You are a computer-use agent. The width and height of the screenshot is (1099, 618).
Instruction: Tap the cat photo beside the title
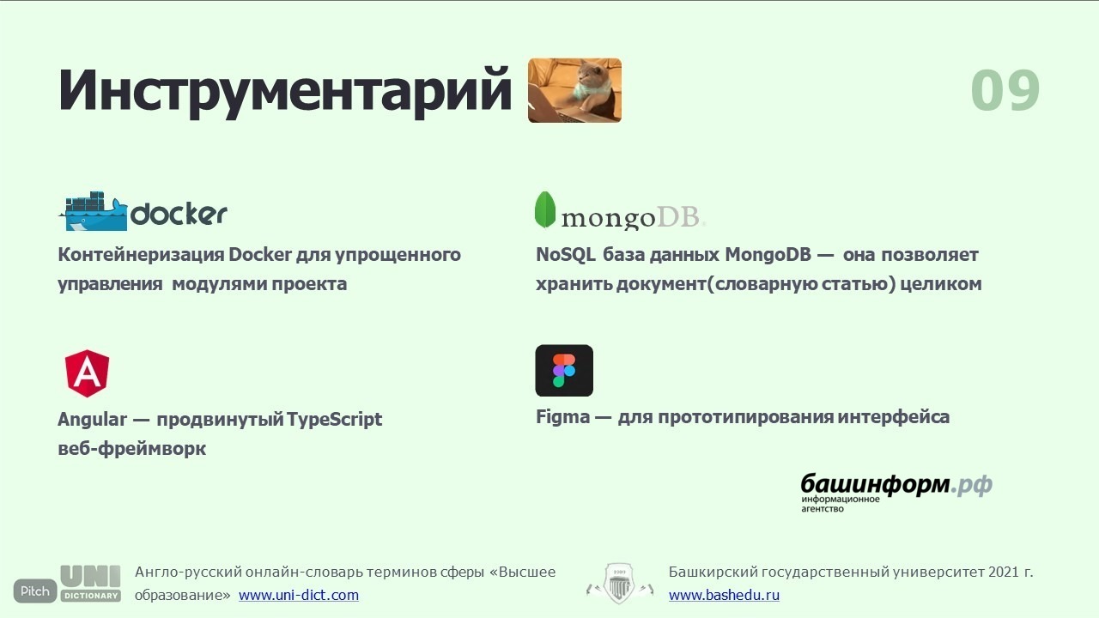[574, 90]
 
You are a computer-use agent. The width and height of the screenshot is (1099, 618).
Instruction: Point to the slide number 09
[1005, 90]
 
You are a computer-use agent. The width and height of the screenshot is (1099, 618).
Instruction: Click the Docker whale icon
[94, 211]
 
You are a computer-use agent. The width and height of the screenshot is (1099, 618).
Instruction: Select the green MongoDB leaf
[544, 210]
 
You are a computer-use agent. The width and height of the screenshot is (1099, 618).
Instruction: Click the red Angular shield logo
[87, 373]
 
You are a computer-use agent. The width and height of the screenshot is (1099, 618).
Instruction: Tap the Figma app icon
[564, 370]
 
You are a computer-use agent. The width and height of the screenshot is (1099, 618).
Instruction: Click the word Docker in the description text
[260, 255]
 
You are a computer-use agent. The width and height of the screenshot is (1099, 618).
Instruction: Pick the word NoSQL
[566, 255]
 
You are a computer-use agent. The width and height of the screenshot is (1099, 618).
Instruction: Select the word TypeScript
[334, 420]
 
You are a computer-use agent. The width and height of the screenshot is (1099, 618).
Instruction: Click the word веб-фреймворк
[132, 448]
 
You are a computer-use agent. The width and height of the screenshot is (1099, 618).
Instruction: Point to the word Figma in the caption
[562, 417]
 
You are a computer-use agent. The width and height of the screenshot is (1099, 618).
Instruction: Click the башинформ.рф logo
[896, 493]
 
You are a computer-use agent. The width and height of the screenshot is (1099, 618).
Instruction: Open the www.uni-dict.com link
[299, 595]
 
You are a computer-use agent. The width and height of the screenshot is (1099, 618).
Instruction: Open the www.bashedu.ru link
[724, 595]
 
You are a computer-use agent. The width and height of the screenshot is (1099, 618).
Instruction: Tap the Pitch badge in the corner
[35, 591]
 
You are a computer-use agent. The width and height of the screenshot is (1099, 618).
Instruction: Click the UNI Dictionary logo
[91, 584]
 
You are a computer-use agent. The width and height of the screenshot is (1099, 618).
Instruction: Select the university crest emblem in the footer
[620, 584]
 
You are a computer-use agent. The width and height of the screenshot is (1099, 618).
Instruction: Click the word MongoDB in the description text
[768, 255]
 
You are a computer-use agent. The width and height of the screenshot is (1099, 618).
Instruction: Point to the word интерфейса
[894, 417]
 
